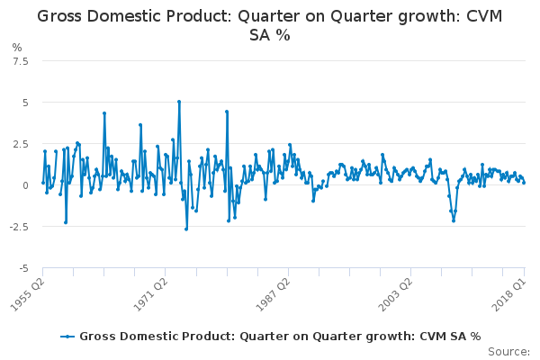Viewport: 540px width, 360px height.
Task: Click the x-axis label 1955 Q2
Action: coord(28,294)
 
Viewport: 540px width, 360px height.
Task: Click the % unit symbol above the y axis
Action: coord(16,47)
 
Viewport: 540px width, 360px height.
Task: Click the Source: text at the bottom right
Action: coord(510,352)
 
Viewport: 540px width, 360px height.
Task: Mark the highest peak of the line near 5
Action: coord(179,102)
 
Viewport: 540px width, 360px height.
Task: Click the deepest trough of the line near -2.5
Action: coord(186,229)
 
